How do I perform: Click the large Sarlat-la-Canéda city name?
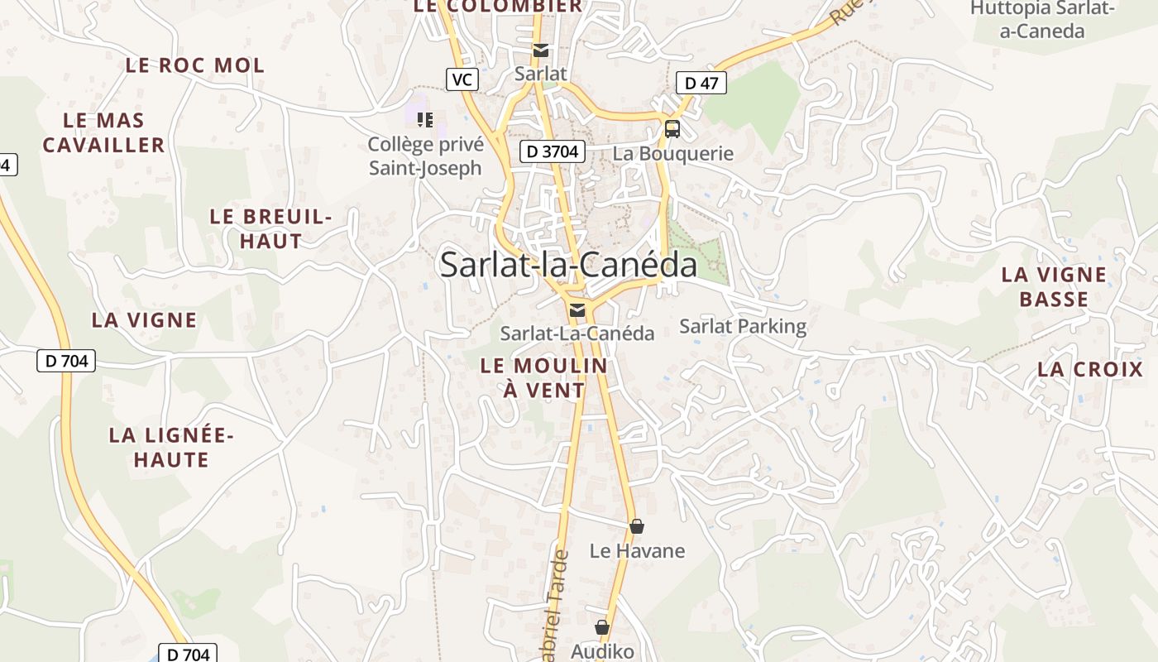pyautogui.click(x=568, y=265)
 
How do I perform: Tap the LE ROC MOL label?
pyautogui.click(x=195, y=65)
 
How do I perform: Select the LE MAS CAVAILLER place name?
pyautogui.click(x=104, y=132)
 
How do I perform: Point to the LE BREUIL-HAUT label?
pyautogui.click(x=270, y=228)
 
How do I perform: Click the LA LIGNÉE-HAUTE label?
pyautogui.click(x=172, y=447)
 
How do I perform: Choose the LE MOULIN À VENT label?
pyautogui.click(x=544, y=377)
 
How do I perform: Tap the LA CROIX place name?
pyautogui.click(x=1090, y=370)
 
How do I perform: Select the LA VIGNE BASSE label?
pyautogui.click(x=1054, y=286)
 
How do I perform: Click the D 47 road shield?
pyautogui.click(x=701, y=83)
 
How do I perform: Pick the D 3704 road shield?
pyautogui.click(x=553, y=151)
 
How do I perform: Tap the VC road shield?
pyautogui.click(x=462, y=79)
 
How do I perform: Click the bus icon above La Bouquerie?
pyautogui.click(x=672, y=129)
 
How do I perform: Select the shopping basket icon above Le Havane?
pyautogui.click(x=637, y=526)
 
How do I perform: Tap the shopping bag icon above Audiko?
pyautogui.click(x=602, y=628)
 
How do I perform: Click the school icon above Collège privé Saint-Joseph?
pyautogui.click(x=425, y=120)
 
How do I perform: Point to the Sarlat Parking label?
pyautogui.click(x=743, y=326)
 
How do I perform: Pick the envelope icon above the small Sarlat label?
pyautogui.click(x=541, y=50)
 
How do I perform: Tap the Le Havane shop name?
pyautogui.click(x=637, y=550)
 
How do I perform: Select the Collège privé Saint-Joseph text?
pyautogui.click(x=425, y=156)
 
